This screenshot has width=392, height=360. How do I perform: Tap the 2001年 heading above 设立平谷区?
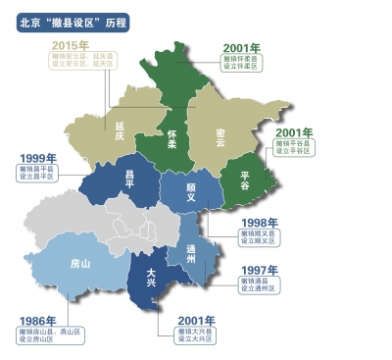(x=293, y=131)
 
